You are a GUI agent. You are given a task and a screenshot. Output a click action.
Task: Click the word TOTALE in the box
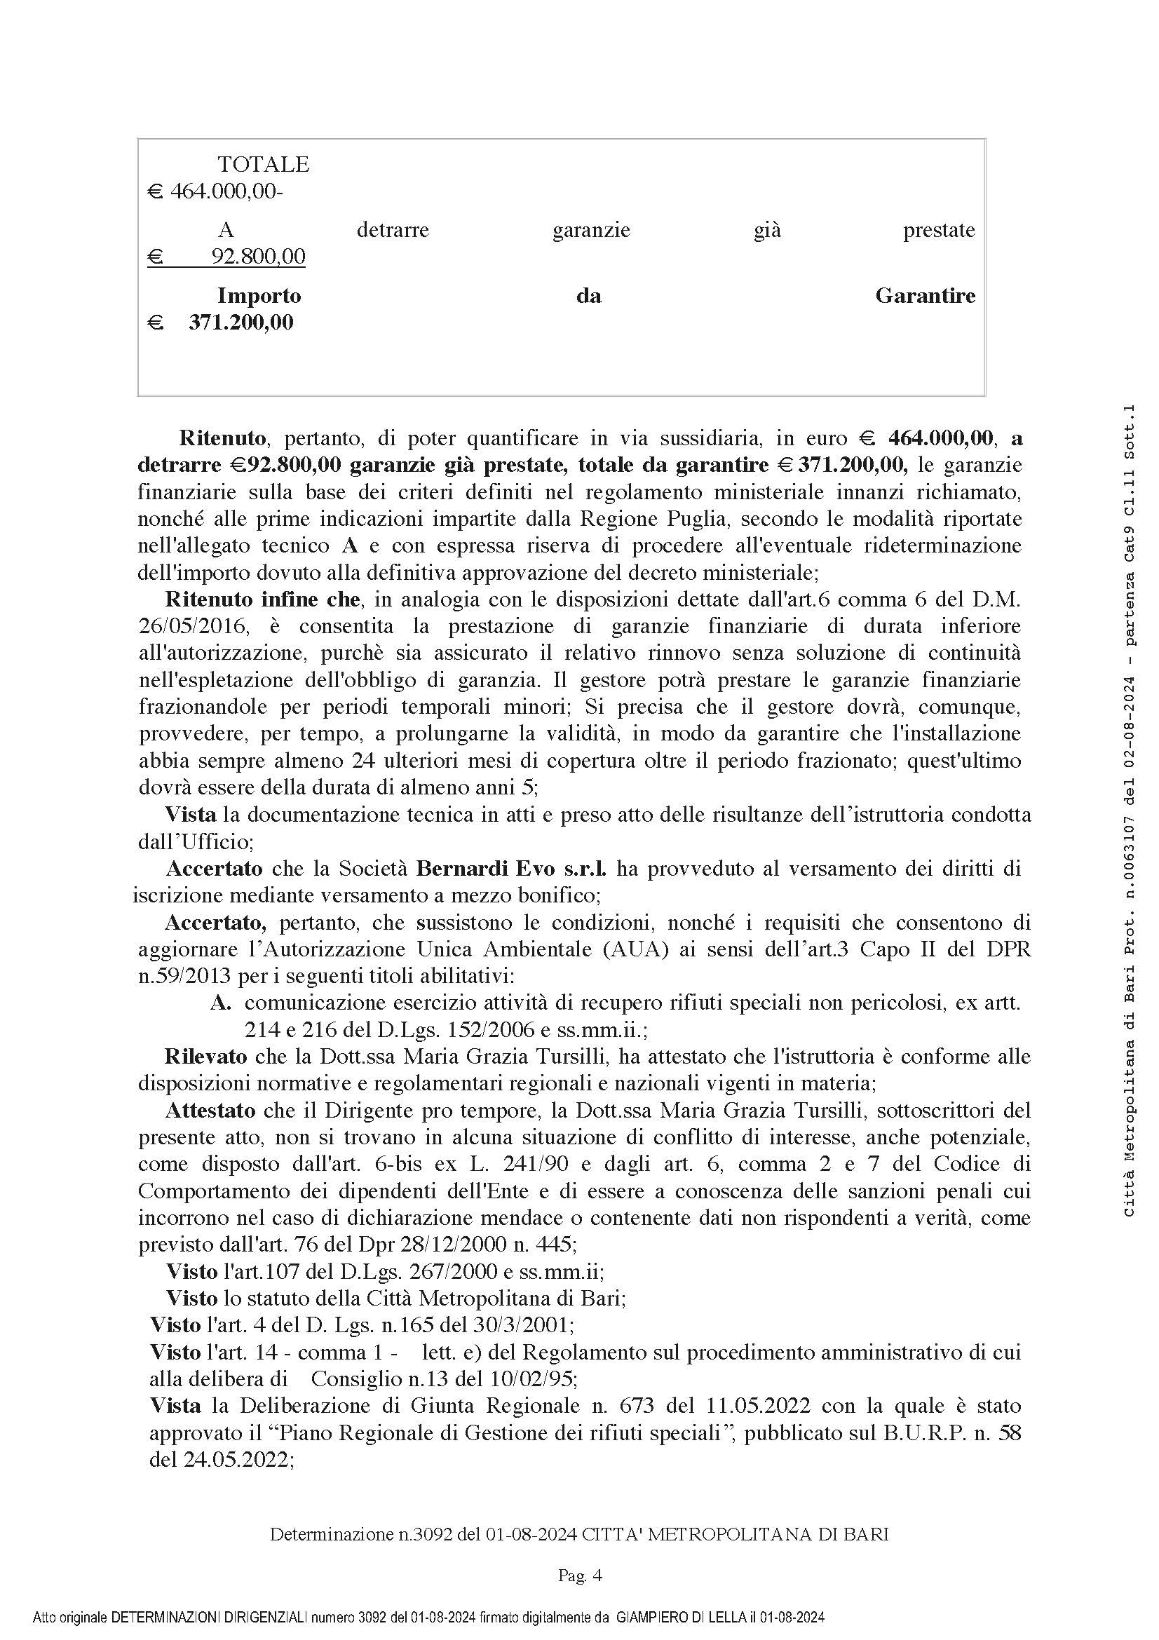(x=263, y=164)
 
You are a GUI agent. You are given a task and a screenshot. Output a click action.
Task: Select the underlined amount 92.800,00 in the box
(x=259, y=257)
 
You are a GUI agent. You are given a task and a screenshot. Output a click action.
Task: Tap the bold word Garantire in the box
(x=925, y=296)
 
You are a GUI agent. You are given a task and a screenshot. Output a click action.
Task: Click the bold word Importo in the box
(x=259, y=296)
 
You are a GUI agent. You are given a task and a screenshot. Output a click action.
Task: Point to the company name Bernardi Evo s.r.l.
(x=511, y=869)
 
